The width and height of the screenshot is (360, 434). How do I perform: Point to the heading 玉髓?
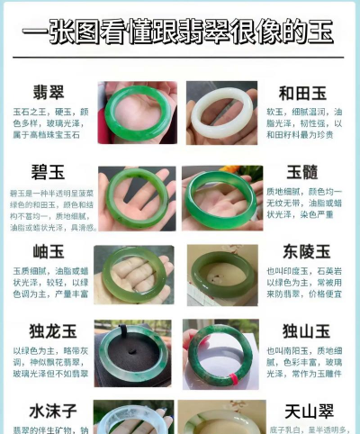306,172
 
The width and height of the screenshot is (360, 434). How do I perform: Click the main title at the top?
179,34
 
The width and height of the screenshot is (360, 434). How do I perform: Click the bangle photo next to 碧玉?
137,197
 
